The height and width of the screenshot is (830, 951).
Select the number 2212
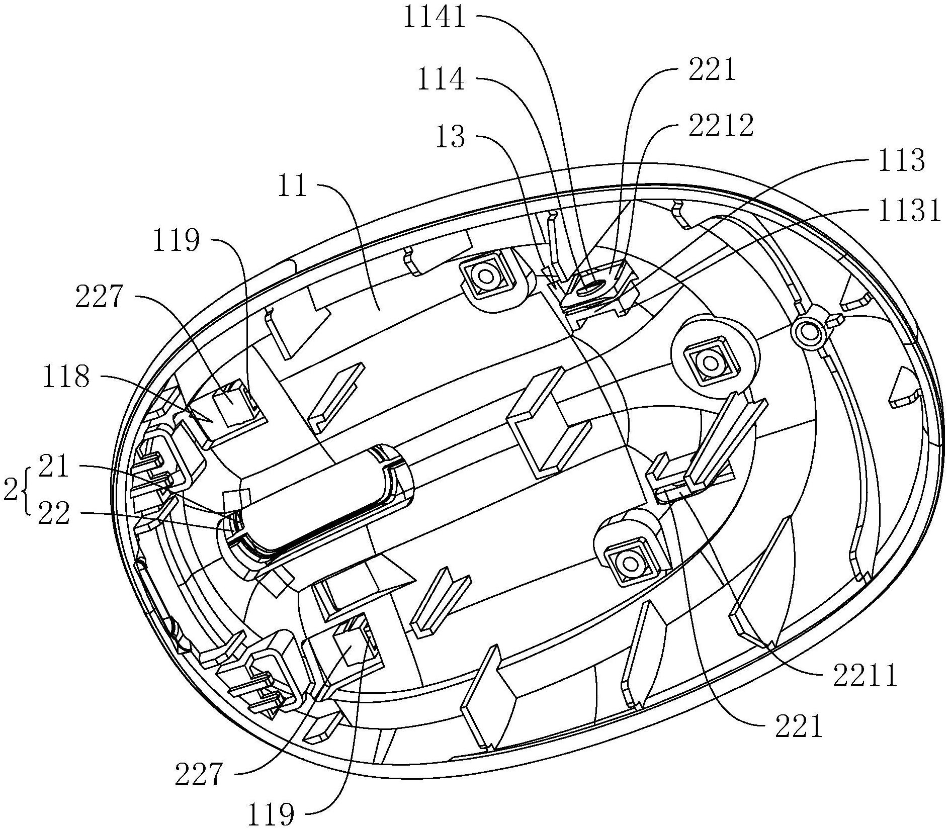click(722, 126)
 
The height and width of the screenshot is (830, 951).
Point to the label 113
click(900, 160)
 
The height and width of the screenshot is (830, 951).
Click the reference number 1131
click(908, 212)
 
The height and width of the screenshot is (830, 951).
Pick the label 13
click(451, 137)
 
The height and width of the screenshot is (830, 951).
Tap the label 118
click(67, 377)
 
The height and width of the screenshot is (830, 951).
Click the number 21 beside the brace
click(54, 468)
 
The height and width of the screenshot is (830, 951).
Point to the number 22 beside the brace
click(54, 514)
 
